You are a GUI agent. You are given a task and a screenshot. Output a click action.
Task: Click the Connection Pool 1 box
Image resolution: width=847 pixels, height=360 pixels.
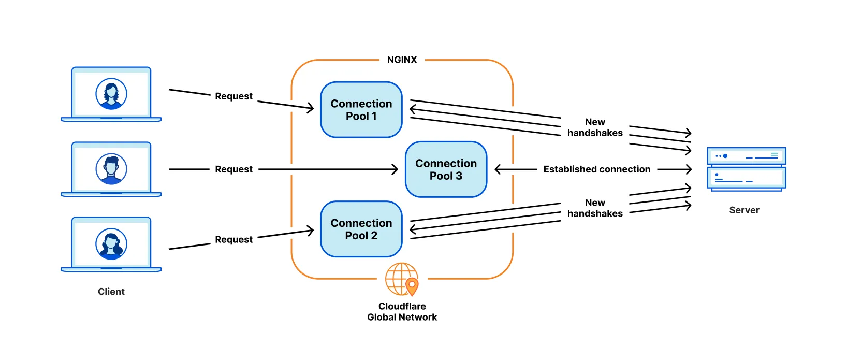[x=361, y=110]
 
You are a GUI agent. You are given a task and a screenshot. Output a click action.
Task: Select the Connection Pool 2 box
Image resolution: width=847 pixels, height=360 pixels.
[x=361, y=229]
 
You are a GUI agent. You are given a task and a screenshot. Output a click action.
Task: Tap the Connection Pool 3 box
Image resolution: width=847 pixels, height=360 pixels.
[x=446, y=169]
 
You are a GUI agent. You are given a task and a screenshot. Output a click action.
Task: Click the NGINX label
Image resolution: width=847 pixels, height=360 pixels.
[x=402, y=60]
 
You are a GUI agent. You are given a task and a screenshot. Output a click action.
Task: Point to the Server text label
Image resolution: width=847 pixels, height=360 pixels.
[x=744, y=210]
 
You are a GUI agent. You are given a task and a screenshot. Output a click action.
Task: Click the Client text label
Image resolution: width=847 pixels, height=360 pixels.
[x=111, y=291]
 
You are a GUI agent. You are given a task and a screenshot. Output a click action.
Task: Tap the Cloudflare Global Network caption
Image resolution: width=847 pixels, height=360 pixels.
[x=402, y=311]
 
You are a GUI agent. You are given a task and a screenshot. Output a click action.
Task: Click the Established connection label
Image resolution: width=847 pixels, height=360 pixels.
[x=596, y=169]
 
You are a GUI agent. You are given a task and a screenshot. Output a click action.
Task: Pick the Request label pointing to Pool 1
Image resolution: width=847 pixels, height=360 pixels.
[x=233, y=96]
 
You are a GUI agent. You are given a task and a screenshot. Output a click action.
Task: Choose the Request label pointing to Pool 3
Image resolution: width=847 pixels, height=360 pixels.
[x=233, y=169]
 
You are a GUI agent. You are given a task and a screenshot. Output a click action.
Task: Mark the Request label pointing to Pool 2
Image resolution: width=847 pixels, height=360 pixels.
[x=233, y=239]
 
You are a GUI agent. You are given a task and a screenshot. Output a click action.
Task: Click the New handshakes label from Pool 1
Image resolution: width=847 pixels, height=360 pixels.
[x=595, y=127]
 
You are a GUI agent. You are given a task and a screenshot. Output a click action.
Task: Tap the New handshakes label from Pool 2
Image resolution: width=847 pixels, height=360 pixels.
[x=595, y=208]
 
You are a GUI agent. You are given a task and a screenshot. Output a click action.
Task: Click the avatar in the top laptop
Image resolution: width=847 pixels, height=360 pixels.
[x=111, y=94]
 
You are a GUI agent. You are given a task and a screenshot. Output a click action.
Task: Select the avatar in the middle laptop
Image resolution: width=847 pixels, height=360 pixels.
[x=111, y=169]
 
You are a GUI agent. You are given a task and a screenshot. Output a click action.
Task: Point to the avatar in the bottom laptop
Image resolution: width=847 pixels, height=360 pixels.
[x=111, y=244]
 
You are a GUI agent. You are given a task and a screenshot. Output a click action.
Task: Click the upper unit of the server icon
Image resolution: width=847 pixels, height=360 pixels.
[x=747, y=156]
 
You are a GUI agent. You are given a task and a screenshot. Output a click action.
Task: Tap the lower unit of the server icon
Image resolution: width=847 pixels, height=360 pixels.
[x=747, y=178]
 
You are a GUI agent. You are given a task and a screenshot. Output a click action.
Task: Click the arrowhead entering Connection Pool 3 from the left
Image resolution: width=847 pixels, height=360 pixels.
[x=395, y=169]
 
